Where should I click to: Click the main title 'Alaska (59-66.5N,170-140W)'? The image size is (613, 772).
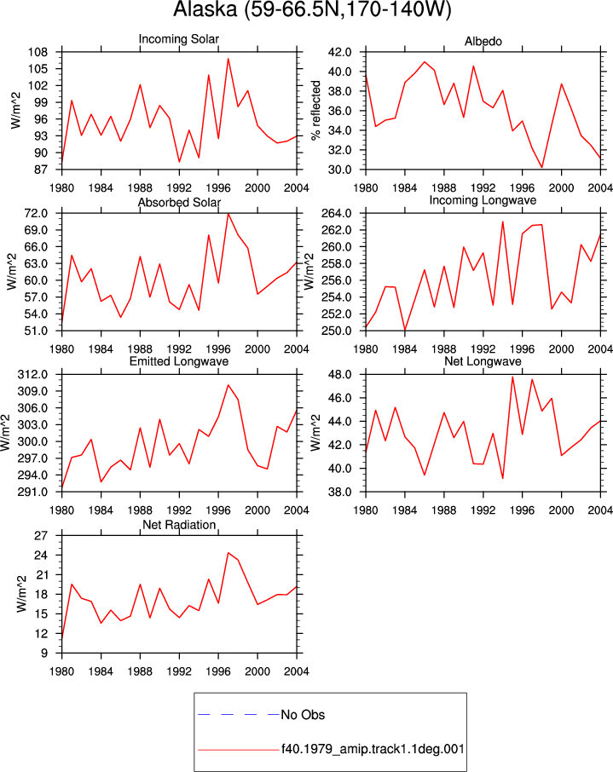312,9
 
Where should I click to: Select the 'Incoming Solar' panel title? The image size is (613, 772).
179,39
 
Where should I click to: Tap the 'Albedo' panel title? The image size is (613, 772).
483,42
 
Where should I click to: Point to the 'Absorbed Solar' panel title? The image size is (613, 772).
179,202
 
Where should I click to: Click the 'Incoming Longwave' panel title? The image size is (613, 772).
483,200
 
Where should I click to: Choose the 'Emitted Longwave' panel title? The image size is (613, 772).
179,361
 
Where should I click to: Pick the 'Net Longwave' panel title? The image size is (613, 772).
483,361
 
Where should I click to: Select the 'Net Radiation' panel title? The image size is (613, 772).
179,525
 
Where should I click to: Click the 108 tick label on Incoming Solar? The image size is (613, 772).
38,52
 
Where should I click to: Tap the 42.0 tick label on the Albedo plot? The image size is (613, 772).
339,52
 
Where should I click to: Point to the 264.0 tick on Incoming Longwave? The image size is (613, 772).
337,213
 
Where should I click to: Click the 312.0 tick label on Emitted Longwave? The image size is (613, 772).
32,375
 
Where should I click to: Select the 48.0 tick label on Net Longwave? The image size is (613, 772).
339,375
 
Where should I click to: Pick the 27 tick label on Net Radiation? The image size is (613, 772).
41,536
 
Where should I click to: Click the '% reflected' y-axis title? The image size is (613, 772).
315,110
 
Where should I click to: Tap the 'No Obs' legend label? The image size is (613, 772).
303,715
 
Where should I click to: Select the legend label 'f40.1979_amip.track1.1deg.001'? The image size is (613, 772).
373,749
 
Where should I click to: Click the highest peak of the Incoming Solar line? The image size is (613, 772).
228,59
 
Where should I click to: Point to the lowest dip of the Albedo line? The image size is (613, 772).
541,167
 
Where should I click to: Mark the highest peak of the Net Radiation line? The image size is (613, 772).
228,552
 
